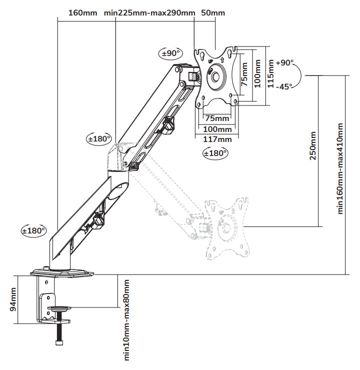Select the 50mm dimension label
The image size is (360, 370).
coord(212,12)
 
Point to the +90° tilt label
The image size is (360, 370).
coord(284,63)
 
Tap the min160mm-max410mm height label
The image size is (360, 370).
coord(341,169)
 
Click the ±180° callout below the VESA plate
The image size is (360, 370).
coord(215,153)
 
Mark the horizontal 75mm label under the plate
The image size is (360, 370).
coord(217,118)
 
